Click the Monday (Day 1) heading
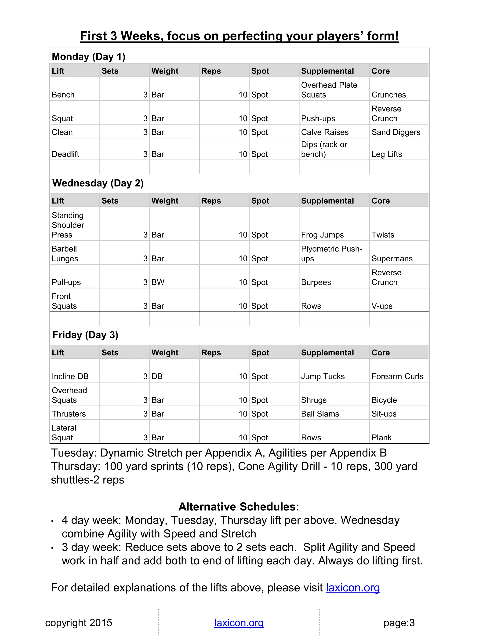(x=88, y=56)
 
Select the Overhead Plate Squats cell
(x=329, y=90)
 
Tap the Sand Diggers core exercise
(x=396, y=132)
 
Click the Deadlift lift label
(x=65, y=154)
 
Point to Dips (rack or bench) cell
(x=324, y=149)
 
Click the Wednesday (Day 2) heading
(x=98, y=183)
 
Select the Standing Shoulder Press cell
(x=68, y=225)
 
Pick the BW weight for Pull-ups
(x=158, y=282)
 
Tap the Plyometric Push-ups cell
(x=331, y=254)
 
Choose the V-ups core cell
(x=382, y=306)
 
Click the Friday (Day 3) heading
(x=85, y=335)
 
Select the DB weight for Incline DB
(x=157, y=376)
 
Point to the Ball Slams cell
(x=320, y=414)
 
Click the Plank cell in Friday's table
(x=381, y=438)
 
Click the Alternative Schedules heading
(x=239, y=507)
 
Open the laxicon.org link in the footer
(x=239, y=623)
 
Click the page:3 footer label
(x=399, y=623)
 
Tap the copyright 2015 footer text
(x=79, y=623)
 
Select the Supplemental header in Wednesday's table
(x=327, y=201)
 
